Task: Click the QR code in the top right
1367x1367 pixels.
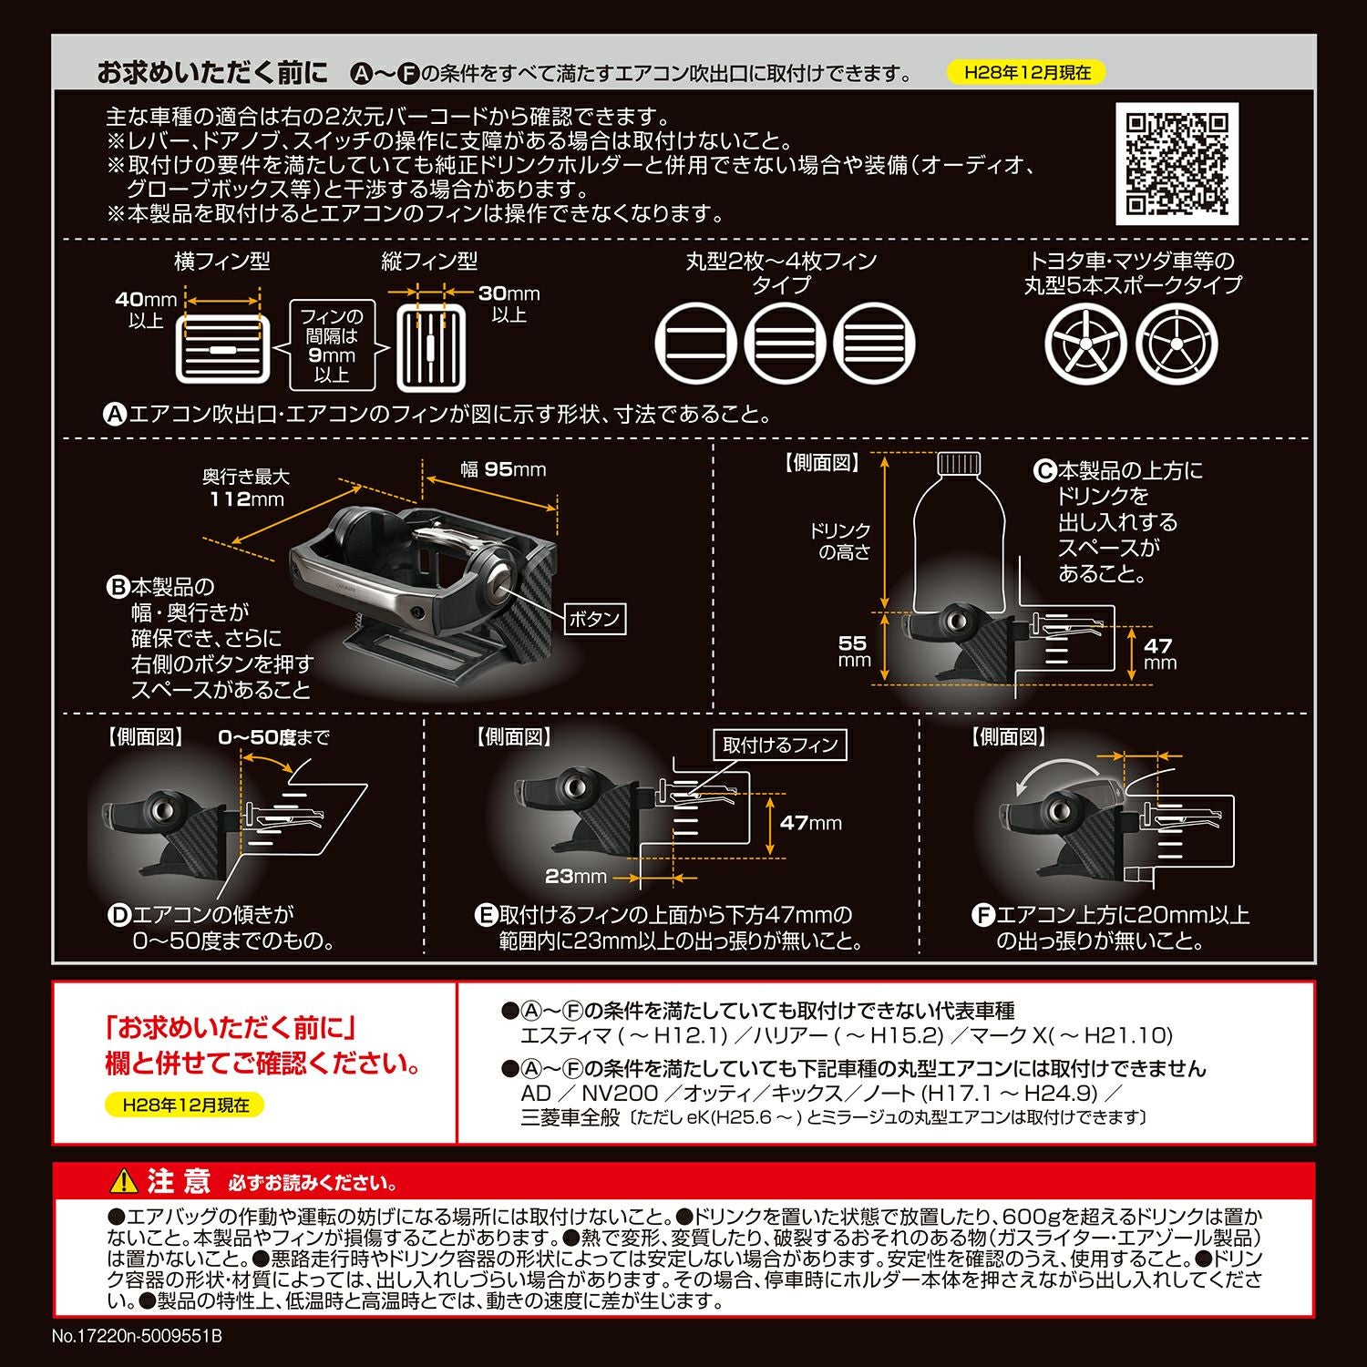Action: pos(1177,164)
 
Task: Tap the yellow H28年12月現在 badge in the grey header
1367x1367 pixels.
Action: pos(1027,73)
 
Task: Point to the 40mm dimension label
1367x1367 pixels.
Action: pos(146,300)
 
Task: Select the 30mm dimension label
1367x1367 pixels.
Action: pos(509,293)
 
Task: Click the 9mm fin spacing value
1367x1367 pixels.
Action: pos(332,355)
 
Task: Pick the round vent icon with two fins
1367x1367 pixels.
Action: pos(694,343)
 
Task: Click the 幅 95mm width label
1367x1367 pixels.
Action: pos(503,469)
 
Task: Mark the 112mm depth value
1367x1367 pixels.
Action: pos(246,498)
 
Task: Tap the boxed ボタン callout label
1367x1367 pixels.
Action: pos(594,619)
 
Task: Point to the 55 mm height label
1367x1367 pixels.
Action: pos(854,651)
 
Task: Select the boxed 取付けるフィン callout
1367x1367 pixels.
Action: pos(779,745)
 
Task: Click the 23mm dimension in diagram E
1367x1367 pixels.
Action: pos(575,877)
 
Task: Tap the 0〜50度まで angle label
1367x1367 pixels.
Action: pos(273,737)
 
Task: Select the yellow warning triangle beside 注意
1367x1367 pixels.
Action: pos(123,1182)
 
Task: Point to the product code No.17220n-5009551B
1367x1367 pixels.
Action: pos(137,1336)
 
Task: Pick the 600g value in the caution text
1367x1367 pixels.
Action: pos(1031,1217)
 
